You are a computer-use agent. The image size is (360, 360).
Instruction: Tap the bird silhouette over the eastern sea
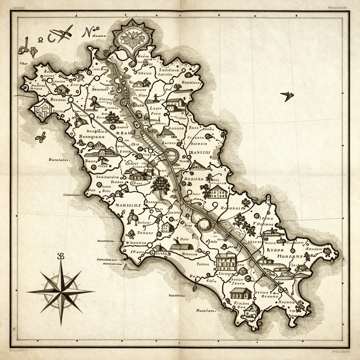point(287,96)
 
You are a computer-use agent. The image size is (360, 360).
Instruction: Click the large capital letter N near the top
point(86,32)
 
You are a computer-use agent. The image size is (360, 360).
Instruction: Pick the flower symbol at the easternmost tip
point(327,251)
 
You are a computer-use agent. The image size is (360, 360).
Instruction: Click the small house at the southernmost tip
point(252,310)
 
